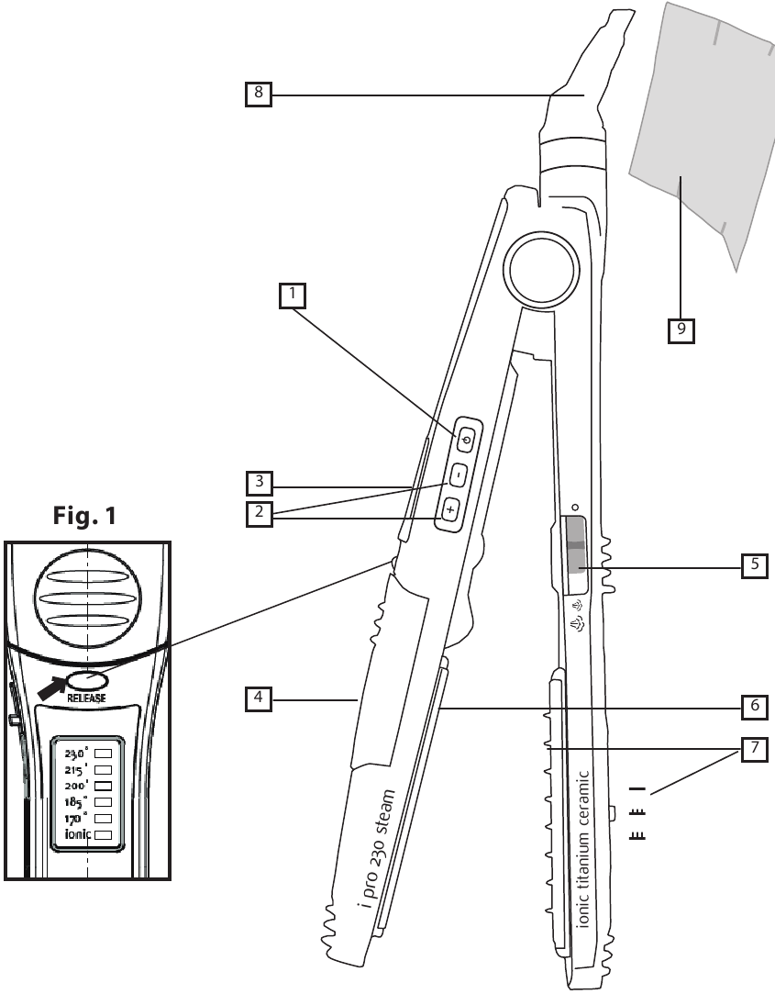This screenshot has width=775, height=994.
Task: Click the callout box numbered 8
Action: (259, 94)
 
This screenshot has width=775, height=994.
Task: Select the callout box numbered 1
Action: (293, 296)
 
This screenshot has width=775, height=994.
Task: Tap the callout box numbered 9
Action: (681, 329)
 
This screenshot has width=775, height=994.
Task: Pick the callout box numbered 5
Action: (754, 564)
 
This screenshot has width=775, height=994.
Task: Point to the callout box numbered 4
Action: (259, 698)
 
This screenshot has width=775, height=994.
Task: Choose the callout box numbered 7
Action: (754, 749)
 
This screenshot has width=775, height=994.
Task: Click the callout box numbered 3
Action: (259, 483)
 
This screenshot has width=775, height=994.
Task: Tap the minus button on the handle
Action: (459, 475)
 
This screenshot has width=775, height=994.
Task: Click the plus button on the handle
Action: (450, 509)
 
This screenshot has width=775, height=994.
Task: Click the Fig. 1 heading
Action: (85, 516)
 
